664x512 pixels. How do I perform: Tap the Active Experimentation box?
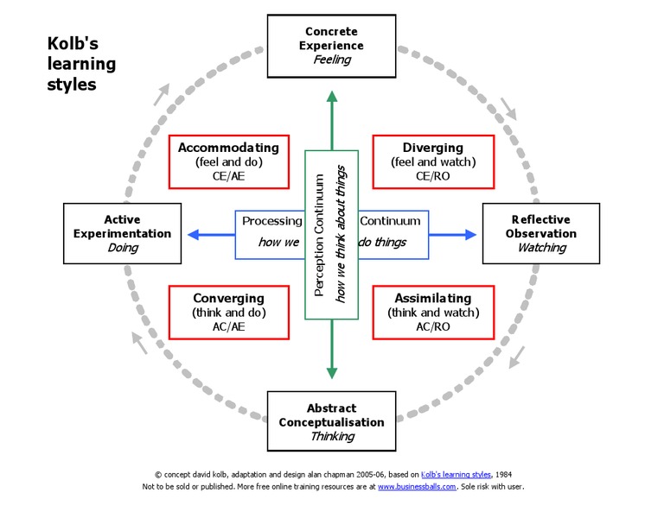click(122, 233)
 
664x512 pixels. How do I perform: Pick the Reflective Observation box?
click(540, 234)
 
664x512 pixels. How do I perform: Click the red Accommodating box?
click(228, 161)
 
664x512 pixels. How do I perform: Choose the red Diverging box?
click(432, 161)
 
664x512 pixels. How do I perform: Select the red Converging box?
click(228, 313)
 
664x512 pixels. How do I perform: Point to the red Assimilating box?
click(432, 313)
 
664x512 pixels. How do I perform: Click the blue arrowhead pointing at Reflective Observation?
click(469, 234)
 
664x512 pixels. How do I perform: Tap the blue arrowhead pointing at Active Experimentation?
click(194, 234)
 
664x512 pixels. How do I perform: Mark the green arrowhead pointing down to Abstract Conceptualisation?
click(331, 372)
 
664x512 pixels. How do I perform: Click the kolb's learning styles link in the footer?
click(456, 474)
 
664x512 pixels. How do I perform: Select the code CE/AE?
click(228, 175)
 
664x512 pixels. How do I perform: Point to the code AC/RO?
click(432, 326)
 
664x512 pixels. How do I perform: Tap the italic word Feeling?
click(332, 60)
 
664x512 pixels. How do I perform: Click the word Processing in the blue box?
click(271, 221)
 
